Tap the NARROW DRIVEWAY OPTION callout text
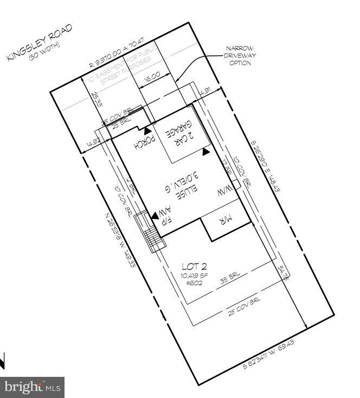point(240,56)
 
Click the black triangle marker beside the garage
point(205,153)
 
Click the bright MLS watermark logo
point(31,387)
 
